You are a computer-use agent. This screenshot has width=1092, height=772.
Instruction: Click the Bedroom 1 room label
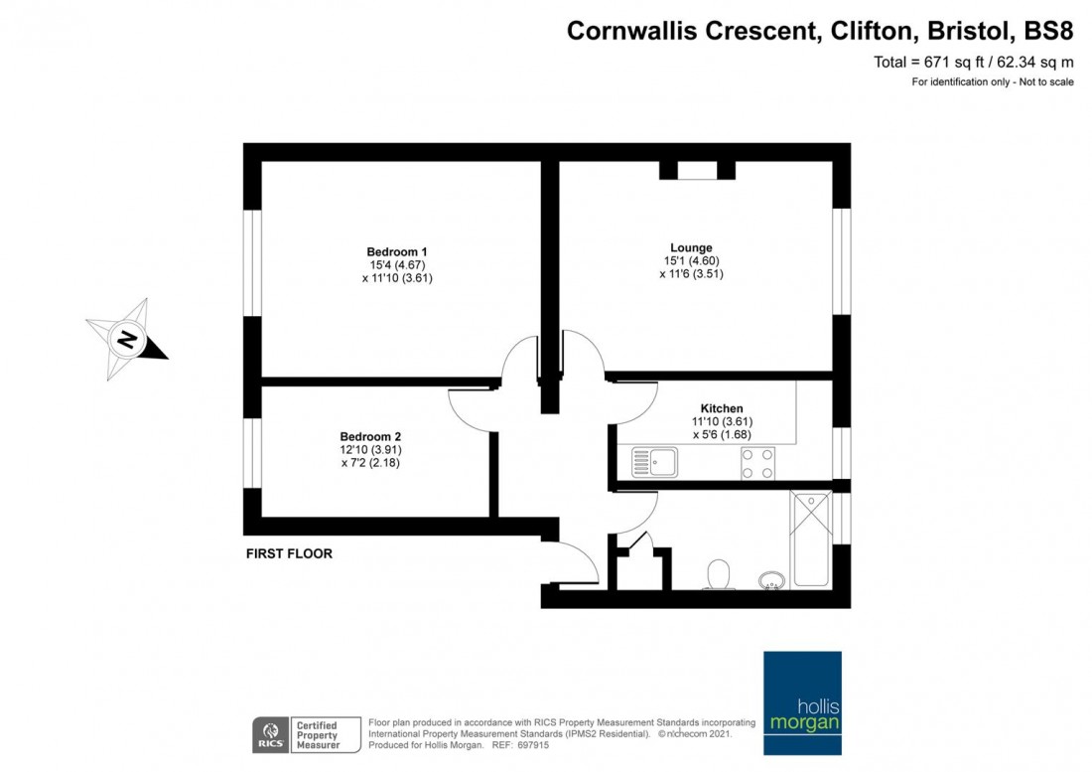397,251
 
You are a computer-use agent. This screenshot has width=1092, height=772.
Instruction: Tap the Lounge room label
691,247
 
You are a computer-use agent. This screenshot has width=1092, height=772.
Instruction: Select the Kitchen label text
722,408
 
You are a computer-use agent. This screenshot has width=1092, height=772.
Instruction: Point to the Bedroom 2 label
370,437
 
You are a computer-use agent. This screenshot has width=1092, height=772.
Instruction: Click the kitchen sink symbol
654,463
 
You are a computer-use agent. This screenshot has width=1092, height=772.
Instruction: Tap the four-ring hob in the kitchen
757,463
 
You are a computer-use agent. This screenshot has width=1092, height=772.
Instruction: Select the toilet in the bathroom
718,575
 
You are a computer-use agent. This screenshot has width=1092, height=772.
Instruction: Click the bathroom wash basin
771,580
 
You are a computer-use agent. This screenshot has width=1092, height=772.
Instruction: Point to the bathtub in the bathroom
811,540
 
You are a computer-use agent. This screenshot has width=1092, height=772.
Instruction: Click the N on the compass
127,340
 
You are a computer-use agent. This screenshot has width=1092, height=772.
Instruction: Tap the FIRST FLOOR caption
289,554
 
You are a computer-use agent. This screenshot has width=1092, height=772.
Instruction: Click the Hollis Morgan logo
802,703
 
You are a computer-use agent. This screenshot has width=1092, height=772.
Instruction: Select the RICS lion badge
270,734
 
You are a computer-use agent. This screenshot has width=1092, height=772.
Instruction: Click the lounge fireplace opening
697,171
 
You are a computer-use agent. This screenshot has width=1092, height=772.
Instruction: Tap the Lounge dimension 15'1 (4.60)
692,260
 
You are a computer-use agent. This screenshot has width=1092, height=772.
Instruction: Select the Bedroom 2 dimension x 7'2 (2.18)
370,463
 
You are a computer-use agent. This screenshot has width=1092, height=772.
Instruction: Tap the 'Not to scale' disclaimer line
993,82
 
